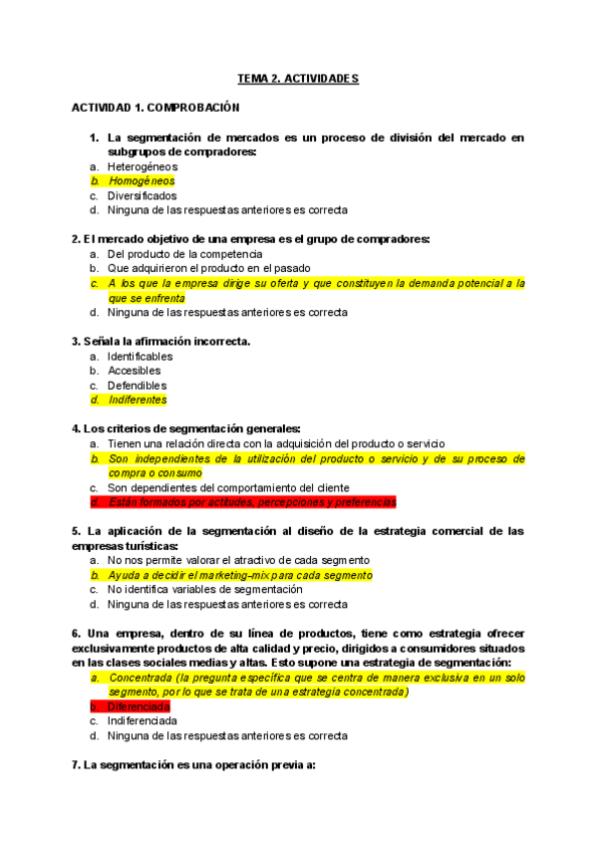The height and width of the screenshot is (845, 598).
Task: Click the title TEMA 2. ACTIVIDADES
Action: pyautogui.click(x=298, y=78)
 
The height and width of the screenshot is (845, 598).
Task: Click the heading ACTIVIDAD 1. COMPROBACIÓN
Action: pyautogui.click(x=155, y=108)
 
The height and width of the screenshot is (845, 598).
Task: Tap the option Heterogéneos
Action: pyautogui.click(x=143, y=166)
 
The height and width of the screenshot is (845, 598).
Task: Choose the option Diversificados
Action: pyautogui.click(x=143, y=196)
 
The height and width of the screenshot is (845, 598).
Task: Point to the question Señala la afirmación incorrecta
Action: pyautogui.click(x=160, y=342)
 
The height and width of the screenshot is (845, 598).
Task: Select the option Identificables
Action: pyautogui.click(x=141, y=356)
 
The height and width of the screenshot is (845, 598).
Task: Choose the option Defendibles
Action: pyautogui.click(x=138, y=386)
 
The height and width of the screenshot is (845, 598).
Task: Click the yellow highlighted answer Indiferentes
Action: pyautogui.click(x=138, y=401)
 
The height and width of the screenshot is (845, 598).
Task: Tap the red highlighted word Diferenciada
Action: pyautogui.click(x=142, y=706)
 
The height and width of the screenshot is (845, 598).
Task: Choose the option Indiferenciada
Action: pyautogui.click(x=143, y=720)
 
